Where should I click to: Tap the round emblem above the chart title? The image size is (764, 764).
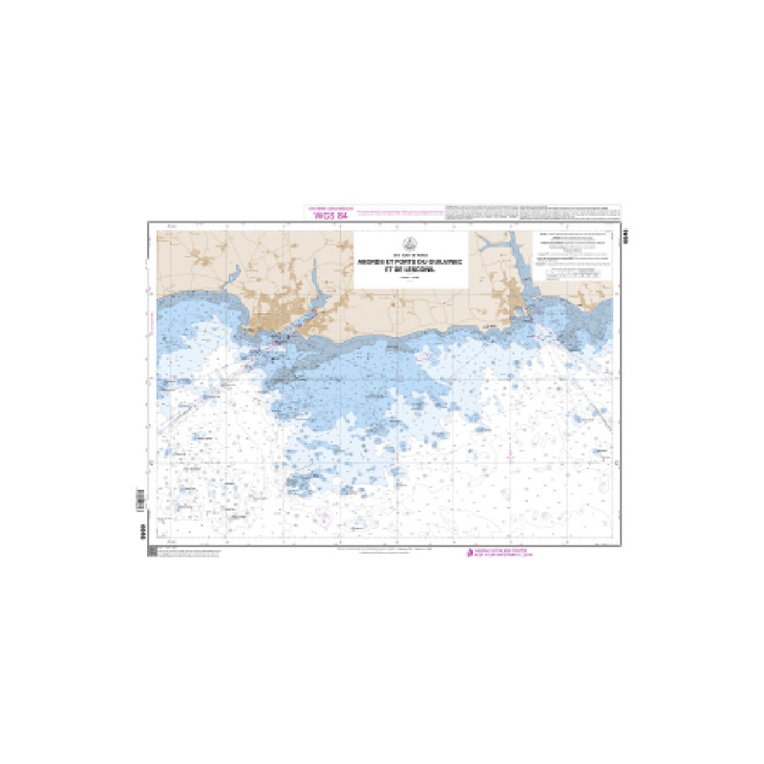[411, 244]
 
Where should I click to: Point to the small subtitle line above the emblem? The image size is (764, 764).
[411, 234]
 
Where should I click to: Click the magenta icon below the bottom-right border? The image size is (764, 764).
[469, 553]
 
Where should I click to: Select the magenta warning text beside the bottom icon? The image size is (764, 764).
[502, 553]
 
